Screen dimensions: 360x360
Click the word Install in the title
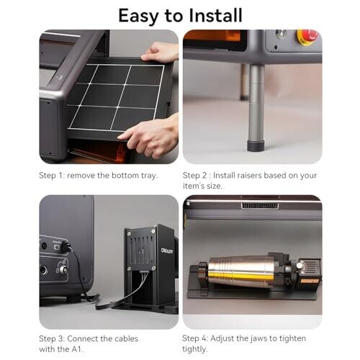215,15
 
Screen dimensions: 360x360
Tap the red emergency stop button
307,36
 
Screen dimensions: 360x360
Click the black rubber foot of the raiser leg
256,146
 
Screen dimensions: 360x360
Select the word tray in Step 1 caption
149,176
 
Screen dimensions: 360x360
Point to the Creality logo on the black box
167,251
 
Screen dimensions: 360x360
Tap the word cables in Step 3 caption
127,338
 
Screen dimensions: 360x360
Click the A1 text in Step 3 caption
77,349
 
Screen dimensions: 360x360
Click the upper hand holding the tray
161,51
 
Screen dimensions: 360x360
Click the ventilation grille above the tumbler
260,206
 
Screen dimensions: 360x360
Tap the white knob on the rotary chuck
299,266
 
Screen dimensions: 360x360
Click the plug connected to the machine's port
66,247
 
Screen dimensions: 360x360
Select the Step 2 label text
194,176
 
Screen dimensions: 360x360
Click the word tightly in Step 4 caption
194,349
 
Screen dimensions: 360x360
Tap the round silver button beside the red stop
281,33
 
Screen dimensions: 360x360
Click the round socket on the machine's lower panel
43,270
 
